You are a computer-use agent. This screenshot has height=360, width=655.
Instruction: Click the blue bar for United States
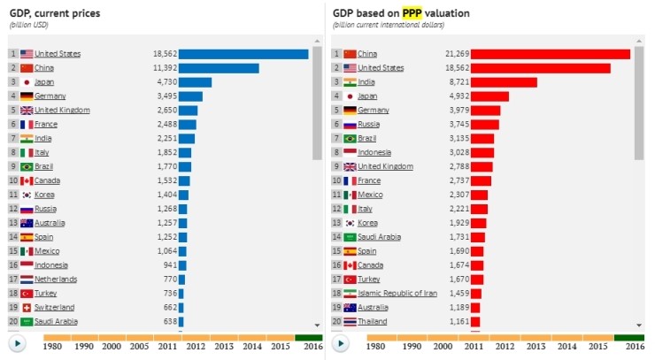point(243,54)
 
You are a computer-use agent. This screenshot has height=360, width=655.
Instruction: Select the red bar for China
point(550,54)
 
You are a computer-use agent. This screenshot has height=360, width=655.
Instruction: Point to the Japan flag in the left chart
point(27,82)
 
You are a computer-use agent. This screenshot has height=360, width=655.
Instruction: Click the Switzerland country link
point(55,307)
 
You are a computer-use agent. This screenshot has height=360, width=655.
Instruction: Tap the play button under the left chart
point(17,343)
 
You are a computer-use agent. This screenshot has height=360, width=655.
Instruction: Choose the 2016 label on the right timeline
point(634,347)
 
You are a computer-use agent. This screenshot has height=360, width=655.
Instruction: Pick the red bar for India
point(504,82)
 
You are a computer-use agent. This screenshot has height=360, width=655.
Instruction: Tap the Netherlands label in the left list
point(56,279)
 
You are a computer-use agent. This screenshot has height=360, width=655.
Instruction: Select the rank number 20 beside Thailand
point(336,321)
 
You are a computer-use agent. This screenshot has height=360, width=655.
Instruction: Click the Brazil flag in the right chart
point(350,139)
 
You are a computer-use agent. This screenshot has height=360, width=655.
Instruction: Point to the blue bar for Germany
point(190,96)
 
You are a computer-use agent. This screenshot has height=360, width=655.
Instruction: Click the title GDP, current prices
point(54,13)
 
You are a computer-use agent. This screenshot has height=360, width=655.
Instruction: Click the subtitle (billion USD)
point(29,26)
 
